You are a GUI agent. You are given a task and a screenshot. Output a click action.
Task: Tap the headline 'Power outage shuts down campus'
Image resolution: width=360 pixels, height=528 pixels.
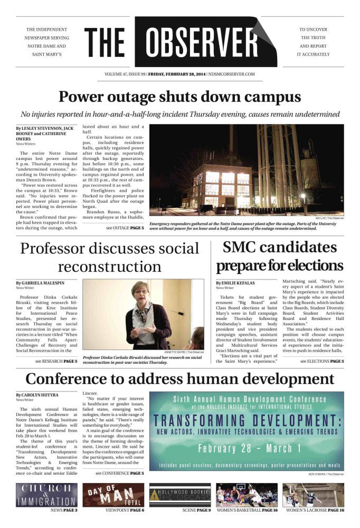click(179, 97)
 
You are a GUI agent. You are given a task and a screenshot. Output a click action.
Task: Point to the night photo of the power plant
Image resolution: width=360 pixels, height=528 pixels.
click(247, 174)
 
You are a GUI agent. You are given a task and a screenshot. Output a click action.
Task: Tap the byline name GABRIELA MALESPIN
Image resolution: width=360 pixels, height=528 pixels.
click(44, 284)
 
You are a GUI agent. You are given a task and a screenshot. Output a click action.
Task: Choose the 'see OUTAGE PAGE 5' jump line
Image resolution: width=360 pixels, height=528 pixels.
click(125, 228)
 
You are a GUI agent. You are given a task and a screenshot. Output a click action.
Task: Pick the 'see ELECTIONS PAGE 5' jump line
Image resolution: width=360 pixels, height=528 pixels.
click(321, 361)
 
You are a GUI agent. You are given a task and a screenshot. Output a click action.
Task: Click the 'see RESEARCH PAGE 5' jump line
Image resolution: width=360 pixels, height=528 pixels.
click(56, 361)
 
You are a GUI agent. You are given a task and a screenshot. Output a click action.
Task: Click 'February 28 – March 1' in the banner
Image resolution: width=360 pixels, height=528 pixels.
click(247, 449)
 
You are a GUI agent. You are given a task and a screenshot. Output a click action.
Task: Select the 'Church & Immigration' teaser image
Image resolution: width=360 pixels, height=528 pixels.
click(46, 495)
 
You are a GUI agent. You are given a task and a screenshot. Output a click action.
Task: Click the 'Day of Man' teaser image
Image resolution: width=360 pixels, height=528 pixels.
click(113, 495)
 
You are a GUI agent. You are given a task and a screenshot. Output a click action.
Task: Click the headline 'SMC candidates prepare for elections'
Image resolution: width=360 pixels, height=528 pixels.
click(279, 256)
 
